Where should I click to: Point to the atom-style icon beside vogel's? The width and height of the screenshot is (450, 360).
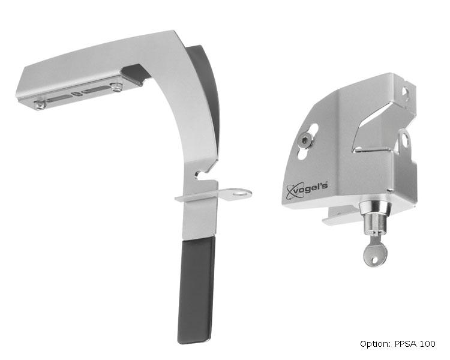click(292, 191)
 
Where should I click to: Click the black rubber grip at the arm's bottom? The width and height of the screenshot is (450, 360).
click(196, 291)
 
